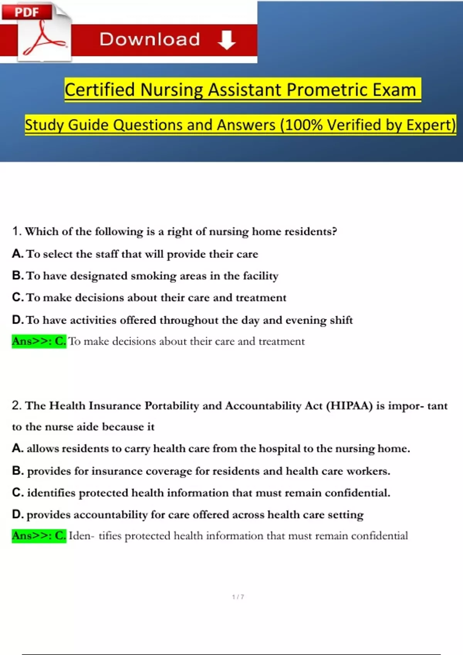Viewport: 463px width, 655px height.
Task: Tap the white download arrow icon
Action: [x=226, y=40]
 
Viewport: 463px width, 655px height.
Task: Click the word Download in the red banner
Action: [x=150, y=39]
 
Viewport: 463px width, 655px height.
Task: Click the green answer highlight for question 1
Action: [x=39, y=341]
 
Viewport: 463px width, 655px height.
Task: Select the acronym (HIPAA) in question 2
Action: [x=349, y=406]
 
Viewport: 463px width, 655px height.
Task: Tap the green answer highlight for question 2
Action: [x=39, y=536]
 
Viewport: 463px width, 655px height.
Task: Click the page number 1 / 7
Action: [x=238, y=597]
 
